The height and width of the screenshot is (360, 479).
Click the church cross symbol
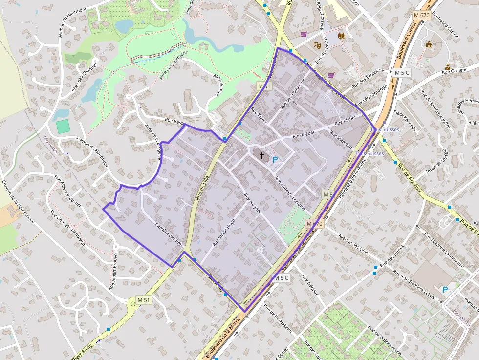(x=262, y=156)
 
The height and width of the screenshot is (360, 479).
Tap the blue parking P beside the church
(x=275, y=159)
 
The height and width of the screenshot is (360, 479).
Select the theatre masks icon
(x=316, y=45)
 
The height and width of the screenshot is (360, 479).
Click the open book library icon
(x=341, y=37)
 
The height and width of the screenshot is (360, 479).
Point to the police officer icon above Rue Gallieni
(x=448, y=66)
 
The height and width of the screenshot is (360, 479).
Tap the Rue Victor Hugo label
(x=224, y=232)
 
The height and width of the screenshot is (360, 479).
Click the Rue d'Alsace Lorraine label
(x=290, y=193)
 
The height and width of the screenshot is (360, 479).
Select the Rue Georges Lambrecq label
(x=68, y=229)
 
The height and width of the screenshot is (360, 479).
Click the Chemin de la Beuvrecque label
(x=19, y=202)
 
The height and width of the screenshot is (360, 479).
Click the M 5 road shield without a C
(x=327, y=195)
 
